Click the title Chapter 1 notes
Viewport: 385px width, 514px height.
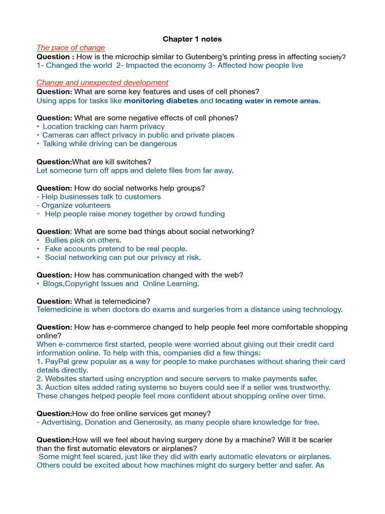point(192,39)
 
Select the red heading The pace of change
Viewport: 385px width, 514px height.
point(71,48)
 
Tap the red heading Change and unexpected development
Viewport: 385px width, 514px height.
point(102,82)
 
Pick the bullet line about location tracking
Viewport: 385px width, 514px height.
point(103,126)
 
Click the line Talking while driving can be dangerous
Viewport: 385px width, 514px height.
point(109,144)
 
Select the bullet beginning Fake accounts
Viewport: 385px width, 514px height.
point(116,248)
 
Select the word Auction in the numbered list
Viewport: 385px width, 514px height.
point(58,387)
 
